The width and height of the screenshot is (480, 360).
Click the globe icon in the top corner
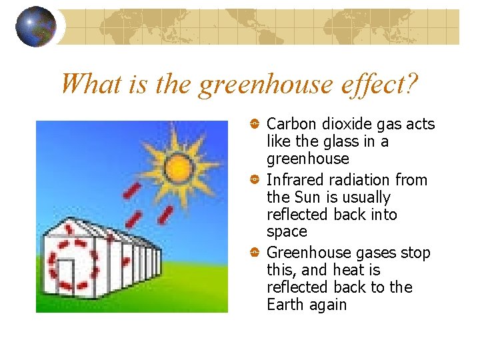(x=35, y=27)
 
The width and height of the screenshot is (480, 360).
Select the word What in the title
(x=85, y=85)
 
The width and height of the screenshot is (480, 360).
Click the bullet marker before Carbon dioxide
(x=255, y=124)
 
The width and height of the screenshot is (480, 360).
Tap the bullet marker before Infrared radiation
(x=255, y=180)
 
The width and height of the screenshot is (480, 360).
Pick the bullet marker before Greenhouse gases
(x=255, y=253)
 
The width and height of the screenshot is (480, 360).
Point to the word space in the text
(x=287, y=233)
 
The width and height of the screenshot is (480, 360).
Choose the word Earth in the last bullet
(x=285, y=305)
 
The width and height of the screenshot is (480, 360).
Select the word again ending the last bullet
(x=327, y=305)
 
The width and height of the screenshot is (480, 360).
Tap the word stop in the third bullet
(x=415, y=253)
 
